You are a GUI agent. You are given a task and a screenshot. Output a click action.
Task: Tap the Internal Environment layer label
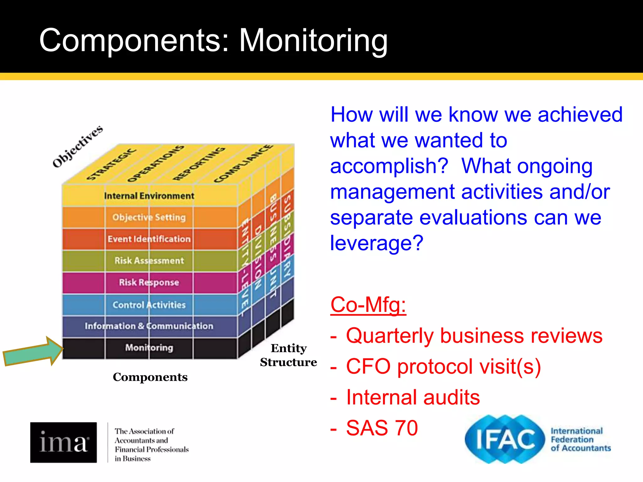pos(149,196)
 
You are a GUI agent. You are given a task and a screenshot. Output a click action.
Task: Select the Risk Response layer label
pos(149,282)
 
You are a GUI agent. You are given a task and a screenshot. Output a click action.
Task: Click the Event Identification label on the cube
pos(149,239)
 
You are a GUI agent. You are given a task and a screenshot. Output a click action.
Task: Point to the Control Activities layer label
pos(149,305)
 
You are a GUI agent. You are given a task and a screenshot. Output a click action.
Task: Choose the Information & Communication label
pos(149,326)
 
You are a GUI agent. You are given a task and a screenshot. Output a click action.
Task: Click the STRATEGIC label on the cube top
pos(111,164)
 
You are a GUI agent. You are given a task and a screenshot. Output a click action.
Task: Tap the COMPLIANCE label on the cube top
pos(243,164)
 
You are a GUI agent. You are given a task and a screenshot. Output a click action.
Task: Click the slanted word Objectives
pos(78,146)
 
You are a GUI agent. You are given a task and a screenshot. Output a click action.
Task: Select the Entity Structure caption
pos(288,355)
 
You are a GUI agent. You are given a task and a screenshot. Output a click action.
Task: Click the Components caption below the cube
pos(150,377)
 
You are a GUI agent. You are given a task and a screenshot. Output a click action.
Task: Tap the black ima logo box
pos(63,442)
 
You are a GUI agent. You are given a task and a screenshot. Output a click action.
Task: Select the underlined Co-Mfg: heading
pos(368,305)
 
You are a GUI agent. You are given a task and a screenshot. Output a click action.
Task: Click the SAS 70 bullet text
pos(382,428)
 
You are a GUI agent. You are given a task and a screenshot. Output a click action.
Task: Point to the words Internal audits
pos(413,397)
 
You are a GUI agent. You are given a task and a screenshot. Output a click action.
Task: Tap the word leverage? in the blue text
pos(377,243)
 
